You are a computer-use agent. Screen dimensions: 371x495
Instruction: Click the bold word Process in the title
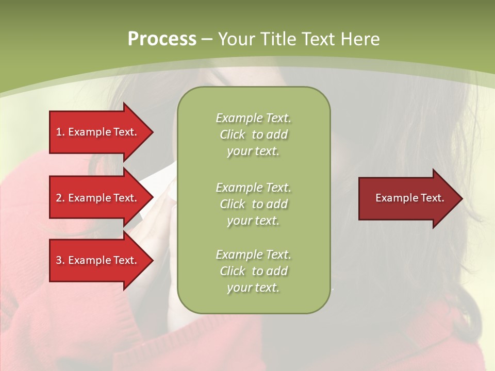pyautogui.click(x=162, y=39)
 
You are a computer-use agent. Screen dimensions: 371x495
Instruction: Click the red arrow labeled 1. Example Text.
pyautogui.click(x=98, y=132)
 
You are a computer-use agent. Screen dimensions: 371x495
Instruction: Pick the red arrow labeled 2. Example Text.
pyautogui.click(x=98, y=198)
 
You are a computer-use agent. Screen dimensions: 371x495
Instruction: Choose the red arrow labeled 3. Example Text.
pyautogui.click(x=98, y=260)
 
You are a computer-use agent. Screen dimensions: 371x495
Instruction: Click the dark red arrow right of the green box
pyautogui.click(x=407, y=198)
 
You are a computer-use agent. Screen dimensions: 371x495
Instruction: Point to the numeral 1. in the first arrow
pyautogui.click(x=60, y=132)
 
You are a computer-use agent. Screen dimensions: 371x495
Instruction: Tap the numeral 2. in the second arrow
pyautogui.click(x=60, y=198)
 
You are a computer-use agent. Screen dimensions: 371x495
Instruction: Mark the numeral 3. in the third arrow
pyautogui.click(x=60, y=260)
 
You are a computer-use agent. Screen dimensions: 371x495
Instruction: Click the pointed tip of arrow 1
pyautogui.click(x=151, y=132)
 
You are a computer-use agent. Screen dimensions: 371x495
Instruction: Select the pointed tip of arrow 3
pyautogui.click(x=151, y=260)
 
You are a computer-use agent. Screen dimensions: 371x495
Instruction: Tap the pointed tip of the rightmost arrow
pyautogui.click(x=460, y=198)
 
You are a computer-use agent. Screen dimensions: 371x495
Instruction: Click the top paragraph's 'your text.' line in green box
pyautogui.click(x=253, y=151)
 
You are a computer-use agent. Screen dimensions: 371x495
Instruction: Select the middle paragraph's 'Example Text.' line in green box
pyautogui.click(x=253, y=187)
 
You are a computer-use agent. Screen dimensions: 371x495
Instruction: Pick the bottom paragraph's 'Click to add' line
pyautogui.click(x=253, y=271)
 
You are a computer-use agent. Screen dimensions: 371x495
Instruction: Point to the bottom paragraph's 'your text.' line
pyautogui.click(x=253, y=288)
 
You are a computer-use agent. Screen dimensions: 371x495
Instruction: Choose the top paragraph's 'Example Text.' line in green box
pyautogui.click(x=253, y=118)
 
